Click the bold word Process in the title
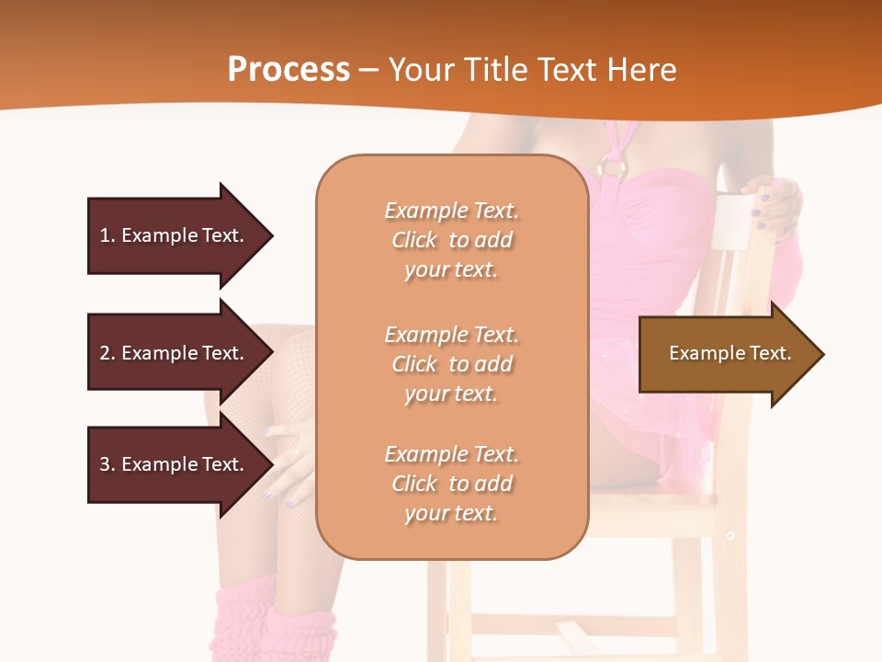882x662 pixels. coord(288,70)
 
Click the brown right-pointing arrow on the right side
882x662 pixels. coord(726,354)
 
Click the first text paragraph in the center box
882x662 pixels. coord(451,240)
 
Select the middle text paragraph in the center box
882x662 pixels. coord(451,364)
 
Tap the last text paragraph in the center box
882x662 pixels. coord(451,484)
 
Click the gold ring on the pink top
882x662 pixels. coord(612,167)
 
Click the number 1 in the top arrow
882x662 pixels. coord(105,235)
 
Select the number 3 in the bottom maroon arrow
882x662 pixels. coord(105,464)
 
